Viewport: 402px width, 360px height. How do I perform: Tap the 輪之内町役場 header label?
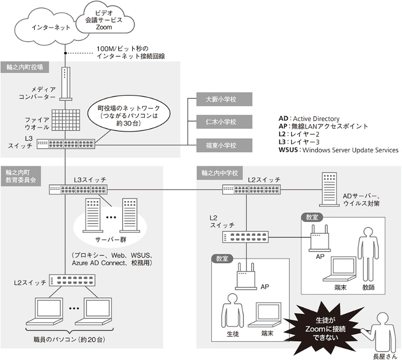[25, 67]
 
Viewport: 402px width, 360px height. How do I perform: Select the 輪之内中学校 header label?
[222, 172]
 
